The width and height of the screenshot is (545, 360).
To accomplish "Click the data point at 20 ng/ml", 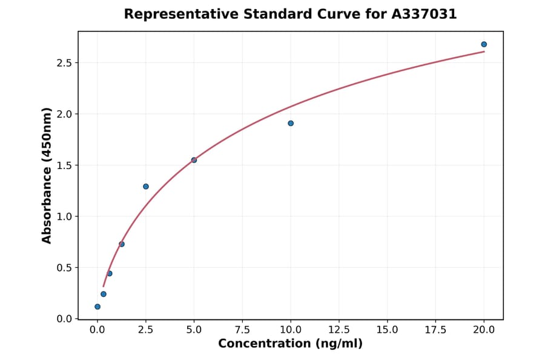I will [x=484, y=44].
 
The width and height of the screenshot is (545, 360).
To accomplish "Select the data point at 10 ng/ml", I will [x=291, y=123].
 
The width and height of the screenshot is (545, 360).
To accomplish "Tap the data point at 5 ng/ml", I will [x=194, y=160].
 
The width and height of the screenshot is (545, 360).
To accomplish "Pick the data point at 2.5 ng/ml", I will [x=146, y=186].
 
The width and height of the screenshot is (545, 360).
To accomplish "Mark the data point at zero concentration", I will [x=97, y=307].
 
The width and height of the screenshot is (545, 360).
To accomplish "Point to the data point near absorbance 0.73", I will [x=122, y=244].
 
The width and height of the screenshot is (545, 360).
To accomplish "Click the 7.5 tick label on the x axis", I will [x=242, y=330].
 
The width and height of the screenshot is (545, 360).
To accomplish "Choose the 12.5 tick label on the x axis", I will [x=339, y=330].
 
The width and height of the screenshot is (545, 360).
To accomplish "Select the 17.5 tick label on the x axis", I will [x=435, y=330].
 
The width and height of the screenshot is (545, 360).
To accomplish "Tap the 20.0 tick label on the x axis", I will [x=484, y=330].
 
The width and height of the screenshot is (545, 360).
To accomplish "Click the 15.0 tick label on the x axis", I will [x=387, y=330].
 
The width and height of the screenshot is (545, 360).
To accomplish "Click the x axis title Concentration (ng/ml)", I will [x=291, y=344].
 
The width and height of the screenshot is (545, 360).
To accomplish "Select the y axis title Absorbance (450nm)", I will [x=47, y=175].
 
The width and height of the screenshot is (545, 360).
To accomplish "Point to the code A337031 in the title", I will [x=423, y=14].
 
